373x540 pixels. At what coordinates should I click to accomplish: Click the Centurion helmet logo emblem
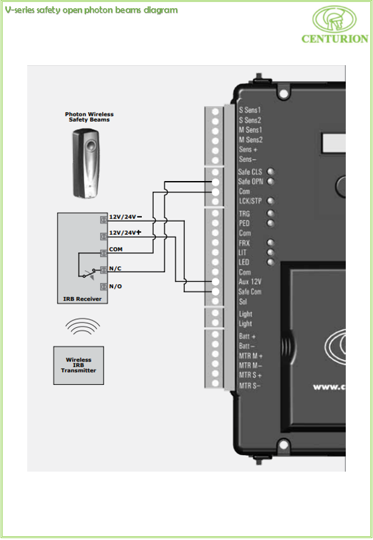[x=334, y=19]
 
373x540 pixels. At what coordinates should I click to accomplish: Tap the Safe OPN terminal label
[x=250, y=182]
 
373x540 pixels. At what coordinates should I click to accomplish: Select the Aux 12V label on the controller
[x=250, y=282]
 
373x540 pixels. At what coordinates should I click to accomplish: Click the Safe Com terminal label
[x=250, y=292]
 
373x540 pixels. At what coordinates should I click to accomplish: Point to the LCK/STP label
[x=250, y=201]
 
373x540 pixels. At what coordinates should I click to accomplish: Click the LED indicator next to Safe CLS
[x=270, y=172]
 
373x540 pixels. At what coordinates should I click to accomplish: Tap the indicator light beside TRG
[x=270, y=213]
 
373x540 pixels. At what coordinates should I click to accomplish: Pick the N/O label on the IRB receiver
[x=115, y=287]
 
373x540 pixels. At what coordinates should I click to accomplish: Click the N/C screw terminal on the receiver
[x=104, y=270]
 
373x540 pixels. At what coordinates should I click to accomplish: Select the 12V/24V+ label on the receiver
[x=125, y=233]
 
